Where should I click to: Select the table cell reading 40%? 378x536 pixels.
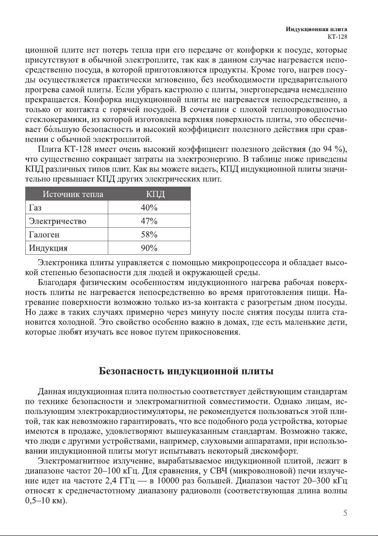[x=149, y=208]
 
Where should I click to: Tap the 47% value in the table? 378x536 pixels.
[x=149, y=221]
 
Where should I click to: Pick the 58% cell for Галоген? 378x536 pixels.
[x=149, y=235]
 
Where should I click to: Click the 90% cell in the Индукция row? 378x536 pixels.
[x=149, y=248]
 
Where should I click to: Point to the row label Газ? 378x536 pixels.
[x=36, y=208]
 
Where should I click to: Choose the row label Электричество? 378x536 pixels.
[x=57, y=221]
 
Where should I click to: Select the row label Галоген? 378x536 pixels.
[x=44, y=235]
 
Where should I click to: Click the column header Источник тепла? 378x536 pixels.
[x=73, y=195]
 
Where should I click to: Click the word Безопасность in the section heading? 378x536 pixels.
[x=132, y=371]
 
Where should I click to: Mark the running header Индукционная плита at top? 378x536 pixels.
[x=317, y=29]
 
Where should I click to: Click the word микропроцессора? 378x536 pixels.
[x=246, y=261]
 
